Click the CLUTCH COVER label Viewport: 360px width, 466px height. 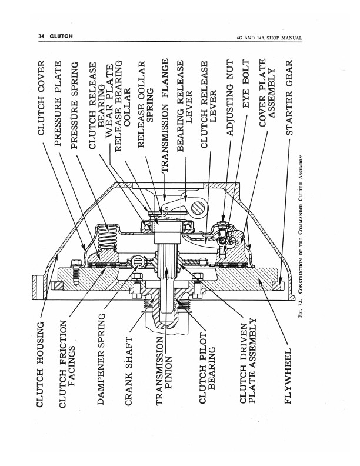(x=41, y=98)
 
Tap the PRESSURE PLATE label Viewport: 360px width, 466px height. (x=58, y=103)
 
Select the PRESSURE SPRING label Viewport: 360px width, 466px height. (x=75, y=105)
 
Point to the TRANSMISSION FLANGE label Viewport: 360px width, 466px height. (x=165, y=115)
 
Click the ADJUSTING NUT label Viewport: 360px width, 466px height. (x=230, y=98)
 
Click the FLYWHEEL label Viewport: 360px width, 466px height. (x=288, y=376)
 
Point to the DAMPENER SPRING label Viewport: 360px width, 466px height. (x=101, y=359)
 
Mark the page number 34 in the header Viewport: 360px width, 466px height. (x=41, y=36)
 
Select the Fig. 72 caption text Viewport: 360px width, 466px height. (x=301, y=237)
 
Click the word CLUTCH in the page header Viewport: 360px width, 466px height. (x=61, y=36)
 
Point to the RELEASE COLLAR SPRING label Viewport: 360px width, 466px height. (x=145, y=104)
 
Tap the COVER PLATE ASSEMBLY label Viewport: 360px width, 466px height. (x=266, y=93)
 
